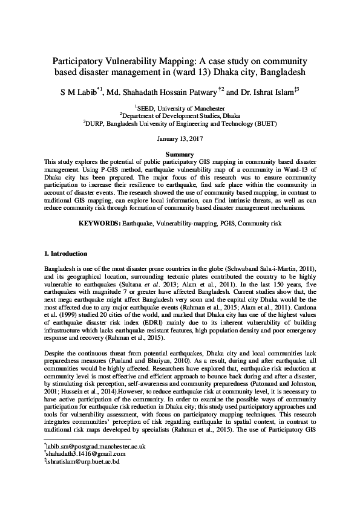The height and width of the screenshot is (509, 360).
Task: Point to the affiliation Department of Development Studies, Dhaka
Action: pyautogui.click(x=180, y=114)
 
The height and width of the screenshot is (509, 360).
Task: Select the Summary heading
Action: pyautogui.click(x=180, y=155)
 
